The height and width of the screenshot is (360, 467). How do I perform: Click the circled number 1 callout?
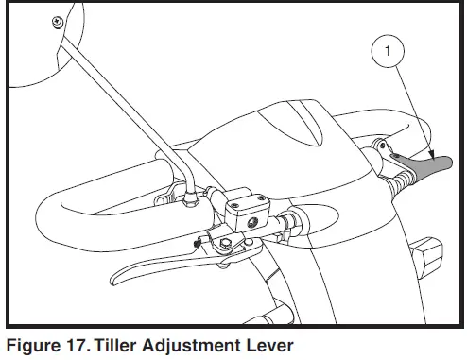pyautogui.click(x=388, y=51)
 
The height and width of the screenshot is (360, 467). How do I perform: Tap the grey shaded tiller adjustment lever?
pyautogui.click(x=424, y=165)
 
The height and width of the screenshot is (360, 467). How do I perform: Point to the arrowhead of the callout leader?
pyautogui.click(x=432, y=155)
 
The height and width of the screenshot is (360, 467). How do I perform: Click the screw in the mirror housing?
pyautogui.click(x=58, y=22)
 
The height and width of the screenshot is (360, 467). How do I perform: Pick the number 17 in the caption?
pyautogui.click(x=78, y=345)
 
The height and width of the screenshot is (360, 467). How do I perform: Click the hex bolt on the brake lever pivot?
pyautogui.click(x=225, y=243)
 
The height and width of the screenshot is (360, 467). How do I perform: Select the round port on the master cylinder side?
pyautogui.click(x=251, y=223)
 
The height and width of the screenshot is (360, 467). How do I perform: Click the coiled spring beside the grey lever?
pyautogui.click(x=401, y=183)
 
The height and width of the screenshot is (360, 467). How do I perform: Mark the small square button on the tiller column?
pyautogui.click(x=428, y=256)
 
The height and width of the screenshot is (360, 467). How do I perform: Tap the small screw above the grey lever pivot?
pyautogui.click(x=383, y=146)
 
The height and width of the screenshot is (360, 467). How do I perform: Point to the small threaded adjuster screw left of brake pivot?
pyautogui.click(x=198, y=244)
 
